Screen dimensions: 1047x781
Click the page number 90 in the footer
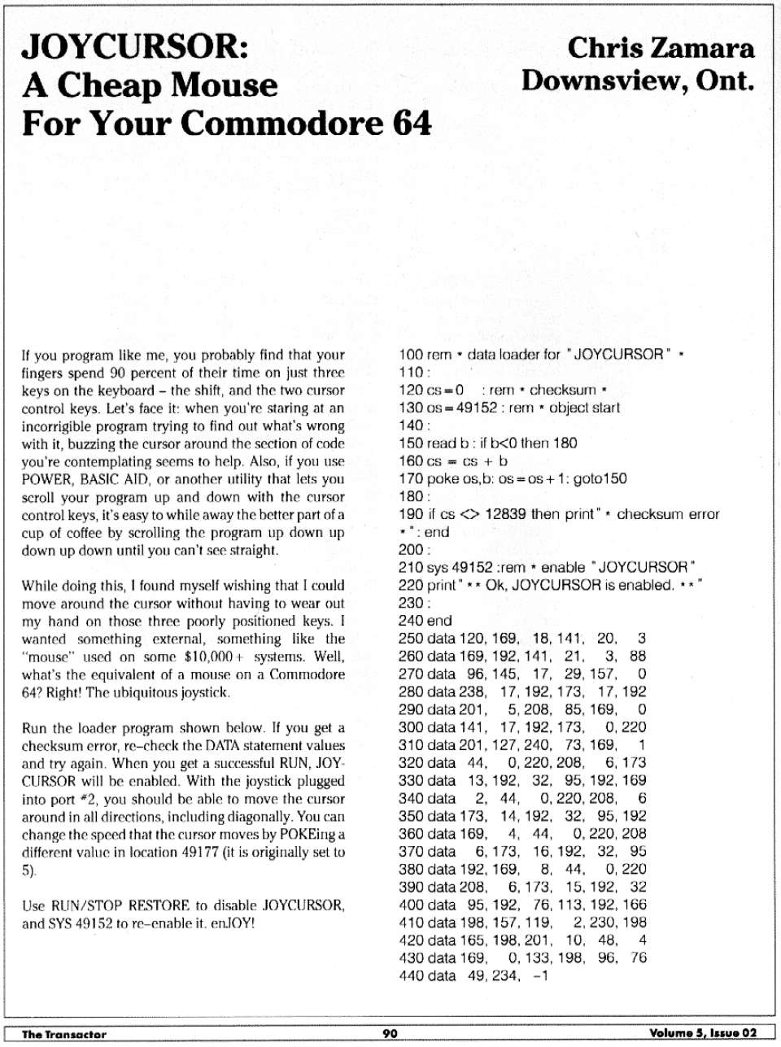(390, 1033)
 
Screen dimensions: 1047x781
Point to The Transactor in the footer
(64, 1034)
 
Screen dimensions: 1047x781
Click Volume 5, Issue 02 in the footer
(703, 1033)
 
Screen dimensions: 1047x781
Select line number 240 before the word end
(411, 621)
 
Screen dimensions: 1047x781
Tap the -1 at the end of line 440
(540, 975)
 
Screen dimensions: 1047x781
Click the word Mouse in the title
(223, 85)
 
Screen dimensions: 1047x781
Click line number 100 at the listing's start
(411, 355)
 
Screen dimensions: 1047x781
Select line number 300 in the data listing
(411, 727)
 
